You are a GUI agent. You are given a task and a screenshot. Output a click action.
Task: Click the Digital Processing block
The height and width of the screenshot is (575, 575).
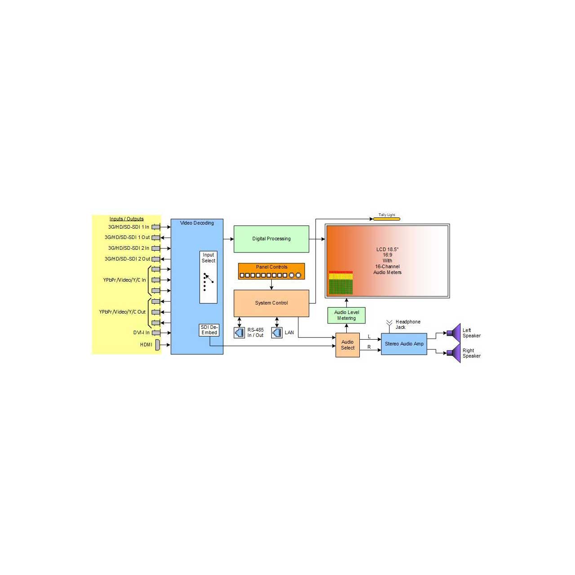pos(271,239)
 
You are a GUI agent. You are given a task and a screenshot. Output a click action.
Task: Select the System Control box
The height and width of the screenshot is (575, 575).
pos(271,303)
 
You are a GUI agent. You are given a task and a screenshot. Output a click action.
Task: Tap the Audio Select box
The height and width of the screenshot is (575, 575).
pos(347,345)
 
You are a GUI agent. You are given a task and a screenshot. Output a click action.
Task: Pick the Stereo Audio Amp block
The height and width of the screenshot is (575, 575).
pos(404,344)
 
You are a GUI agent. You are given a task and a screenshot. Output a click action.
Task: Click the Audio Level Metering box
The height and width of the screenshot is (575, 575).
pos(346,315)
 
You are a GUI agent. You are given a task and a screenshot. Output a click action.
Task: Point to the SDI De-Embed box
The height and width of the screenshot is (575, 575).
pos(209,330)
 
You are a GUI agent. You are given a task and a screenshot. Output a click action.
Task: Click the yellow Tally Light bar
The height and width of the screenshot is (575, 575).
pos(386,219)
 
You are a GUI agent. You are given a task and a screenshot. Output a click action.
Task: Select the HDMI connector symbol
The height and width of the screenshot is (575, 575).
pos(158,345)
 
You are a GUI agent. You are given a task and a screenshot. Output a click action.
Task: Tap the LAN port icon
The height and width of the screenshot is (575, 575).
pos(277,333)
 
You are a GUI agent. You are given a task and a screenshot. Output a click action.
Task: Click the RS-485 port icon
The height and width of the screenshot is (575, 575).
pos(239,333)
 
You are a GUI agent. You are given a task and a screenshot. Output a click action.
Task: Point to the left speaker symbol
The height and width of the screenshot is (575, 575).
pos(454,332)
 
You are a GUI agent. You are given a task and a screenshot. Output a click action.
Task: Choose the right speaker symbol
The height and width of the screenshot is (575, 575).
pos(454,353)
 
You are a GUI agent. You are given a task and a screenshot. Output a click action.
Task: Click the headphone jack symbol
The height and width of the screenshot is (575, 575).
pos(389,326)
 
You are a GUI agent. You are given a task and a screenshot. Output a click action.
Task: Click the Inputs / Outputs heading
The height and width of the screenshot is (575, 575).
pos(126,219)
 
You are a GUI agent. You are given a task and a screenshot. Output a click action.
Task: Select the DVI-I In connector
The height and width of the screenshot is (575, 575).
pos(156,333)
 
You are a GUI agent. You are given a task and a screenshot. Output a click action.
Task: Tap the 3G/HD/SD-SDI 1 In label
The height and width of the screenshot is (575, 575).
pos(128,227)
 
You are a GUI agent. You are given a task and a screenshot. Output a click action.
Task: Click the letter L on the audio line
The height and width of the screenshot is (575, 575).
pos(369,336)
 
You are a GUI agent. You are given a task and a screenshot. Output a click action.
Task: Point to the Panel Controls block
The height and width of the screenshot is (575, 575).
pos(271,271)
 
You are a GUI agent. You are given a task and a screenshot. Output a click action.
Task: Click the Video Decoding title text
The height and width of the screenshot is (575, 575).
pos(197,223)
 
